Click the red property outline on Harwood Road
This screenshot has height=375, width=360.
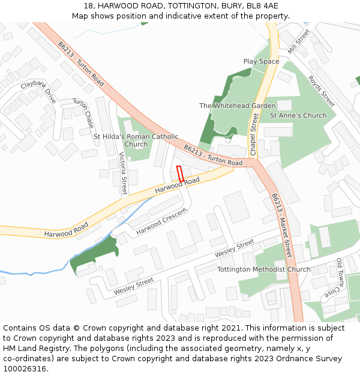click(x=180, y=173)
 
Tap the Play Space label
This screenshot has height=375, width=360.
click(x=261, y=61)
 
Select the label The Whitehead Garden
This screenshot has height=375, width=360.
click(x=238, y=106)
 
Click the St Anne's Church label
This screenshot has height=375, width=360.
click(x=298, y=115)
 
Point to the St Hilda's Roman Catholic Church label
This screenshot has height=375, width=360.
click(x=136, y=140)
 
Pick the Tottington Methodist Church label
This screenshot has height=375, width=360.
click(x=264, y=269)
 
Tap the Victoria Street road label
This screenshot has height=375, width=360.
click(x=124, y=173)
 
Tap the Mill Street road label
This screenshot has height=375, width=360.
click(x=298, y=41)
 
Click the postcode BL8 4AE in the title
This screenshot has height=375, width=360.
click(x=262, y=5)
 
